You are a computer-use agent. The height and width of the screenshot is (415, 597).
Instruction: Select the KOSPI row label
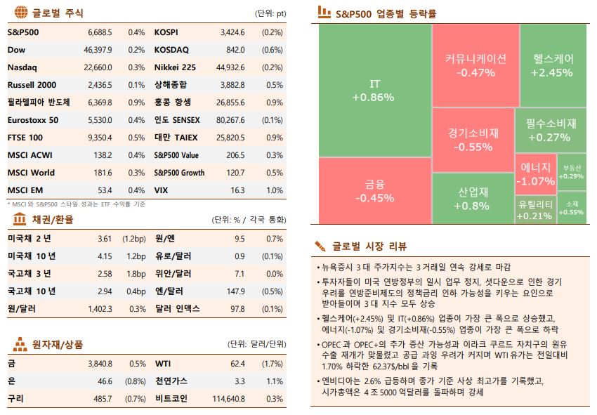click(x=166, y=32)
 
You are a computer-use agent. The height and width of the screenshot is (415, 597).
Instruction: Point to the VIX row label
click(x=161, y=190)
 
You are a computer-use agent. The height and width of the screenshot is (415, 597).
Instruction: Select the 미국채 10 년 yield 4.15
click(x=105, y=256)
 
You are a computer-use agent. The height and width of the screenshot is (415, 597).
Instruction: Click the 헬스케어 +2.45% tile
click(x=553, y=65)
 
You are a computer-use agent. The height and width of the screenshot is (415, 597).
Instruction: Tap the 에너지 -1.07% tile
click(x=535, y=174)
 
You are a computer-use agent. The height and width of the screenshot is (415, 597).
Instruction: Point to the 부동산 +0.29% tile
click(x=572, y=172)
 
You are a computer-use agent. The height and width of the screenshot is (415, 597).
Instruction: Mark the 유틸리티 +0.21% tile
click(x=535, y=209)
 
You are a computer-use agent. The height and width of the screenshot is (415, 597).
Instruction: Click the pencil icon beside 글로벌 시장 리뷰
click(x=320, y=246)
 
